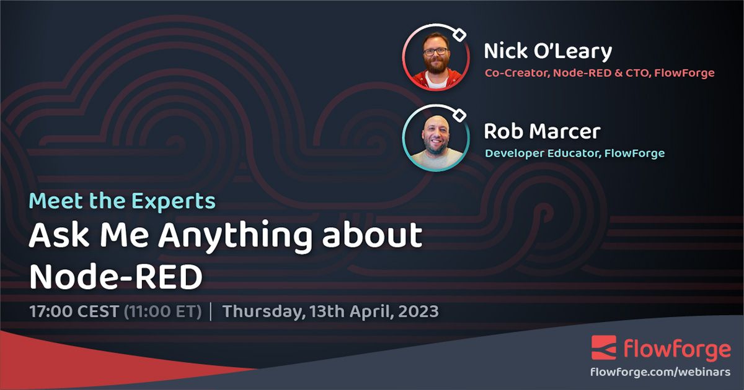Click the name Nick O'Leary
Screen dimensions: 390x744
click(547, 51)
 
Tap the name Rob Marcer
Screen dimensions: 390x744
click(542, 131)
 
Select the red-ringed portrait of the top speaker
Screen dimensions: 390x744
click(436, 57)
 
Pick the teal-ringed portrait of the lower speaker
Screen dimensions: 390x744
click(436, 137)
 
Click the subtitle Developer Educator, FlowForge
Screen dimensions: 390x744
click(574, 153)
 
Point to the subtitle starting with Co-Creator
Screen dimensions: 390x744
click(600, 73)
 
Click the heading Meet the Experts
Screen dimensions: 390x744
click(123, 201)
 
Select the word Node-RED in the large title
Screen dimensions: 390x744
click(116, 277)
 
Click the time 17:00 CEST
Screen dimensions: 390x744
click(73, 311)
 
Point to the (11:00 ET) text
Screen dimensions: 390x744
click(163, 311)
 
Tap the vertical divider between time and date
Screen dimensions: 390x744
click(211, 311)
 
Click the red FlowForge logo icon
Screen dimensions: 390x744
click(603, 348)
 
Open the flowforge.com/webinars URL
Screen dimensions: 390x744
click(660, 372)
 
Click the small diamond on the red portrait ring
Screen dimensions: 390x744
click(459, 35)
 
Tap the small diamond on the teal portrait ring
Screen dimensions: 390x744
click(459, 115)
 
